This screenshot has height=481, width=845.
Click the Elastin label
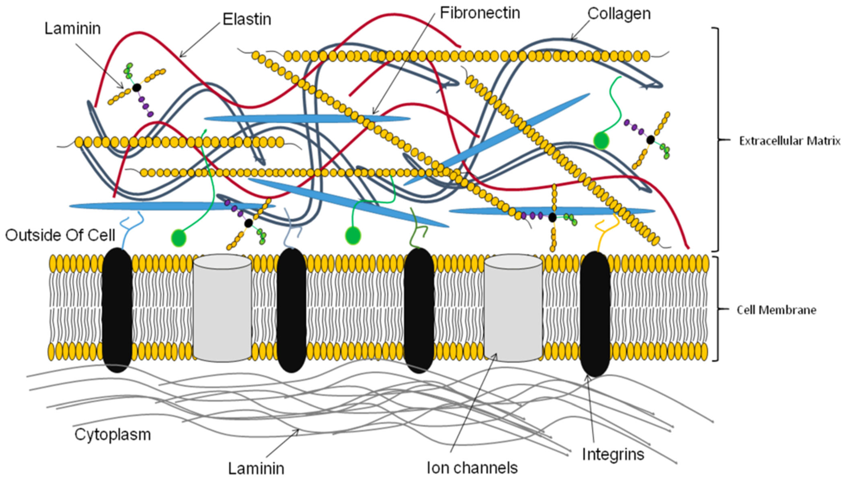[x=247, y=19]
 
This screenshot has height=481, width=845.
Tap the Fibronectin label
[x=480, y=13]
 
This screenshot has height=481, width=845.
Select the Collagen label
[x=619, y=14]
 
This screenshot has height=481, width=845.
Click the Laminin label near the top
[x=73, y=29]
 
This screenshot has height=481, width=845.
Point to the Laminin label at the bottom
[x=256, y=468]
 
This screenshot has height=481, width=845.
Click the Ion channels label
[x=472, y=467]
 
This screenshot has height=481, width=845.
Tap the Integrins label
[x=613, y=454]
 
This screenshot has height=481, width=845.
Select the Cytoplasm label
[x=113, y=434]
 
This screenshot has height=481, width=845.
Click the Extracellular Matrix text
[x=789, y=141]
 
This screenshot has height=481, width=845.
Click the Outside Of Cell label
[x=60, y=235]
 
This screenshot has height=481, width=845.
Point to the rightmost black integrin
[x=595, y=314]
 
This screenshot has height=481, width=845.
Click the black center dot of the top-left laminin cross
[x=136, y=88]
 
